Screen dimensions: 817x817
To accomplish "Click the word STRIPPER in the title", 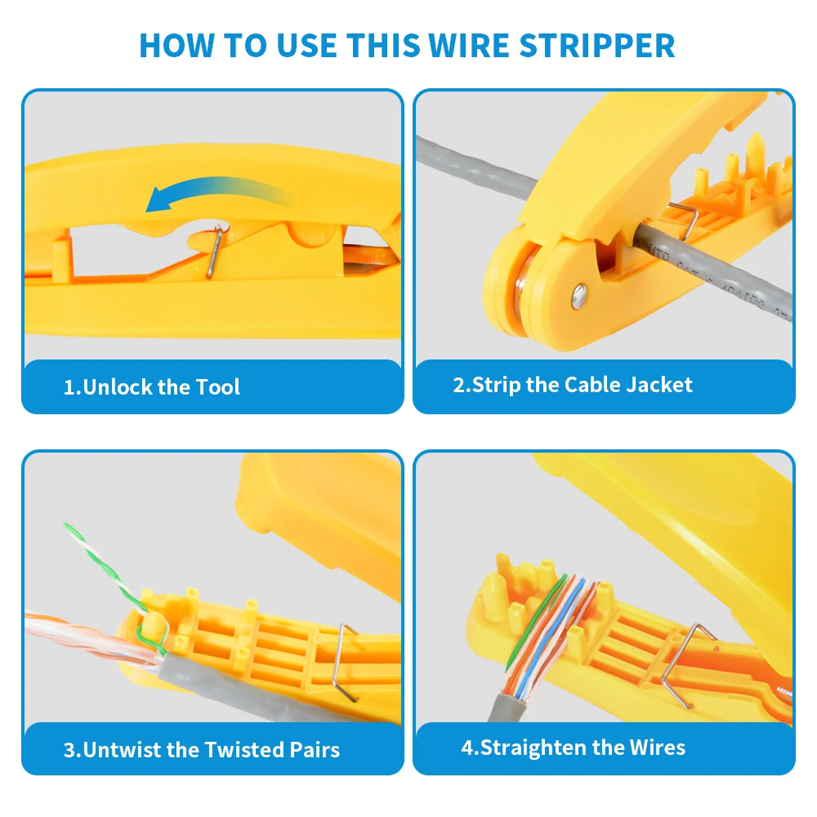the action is coord(597,45).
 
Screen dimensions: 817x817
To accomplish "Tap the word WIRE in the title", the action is coord(468,45).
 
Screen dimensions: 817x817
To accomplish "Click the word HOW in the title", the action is coord(176,45).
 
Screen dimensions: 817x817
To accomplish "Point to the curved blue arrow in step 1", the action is coord(219,193).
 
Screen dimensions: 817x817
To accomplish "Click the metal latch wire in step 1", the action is coord(214,252).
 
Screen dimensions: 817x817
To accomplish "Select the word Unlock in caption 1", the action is coord(118,387).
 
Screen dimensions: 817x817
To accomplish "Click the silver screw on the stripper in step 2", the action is coord(578,296).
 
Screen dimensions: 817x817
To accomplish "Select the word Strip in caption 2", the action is coord(497,385).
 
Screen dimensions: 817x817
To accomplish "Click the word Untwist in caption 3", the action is coord(122,750).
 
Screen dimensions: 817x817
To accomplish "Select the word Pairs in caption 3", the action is coord(315,750).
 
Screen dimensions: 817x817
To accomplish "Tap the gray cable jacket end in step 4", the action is coord(507,706).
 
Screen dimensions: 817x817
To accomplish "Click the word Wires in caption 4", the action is coord(657,748).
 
